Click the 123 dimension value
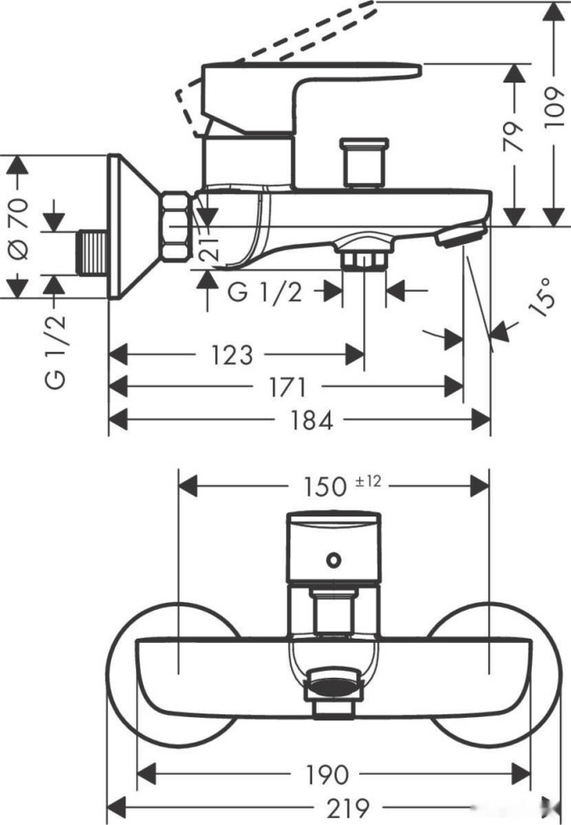(232, 354)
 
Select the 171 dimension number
(287, 387)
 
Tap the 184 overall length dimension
(312, 419)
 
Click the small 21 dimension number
(213, 247)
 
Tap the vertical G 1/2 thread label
(56, 350)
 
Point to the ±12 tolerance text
(368, 481)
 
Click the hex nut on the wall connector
(176, 228)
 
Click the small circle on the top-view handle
(334, 559)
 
